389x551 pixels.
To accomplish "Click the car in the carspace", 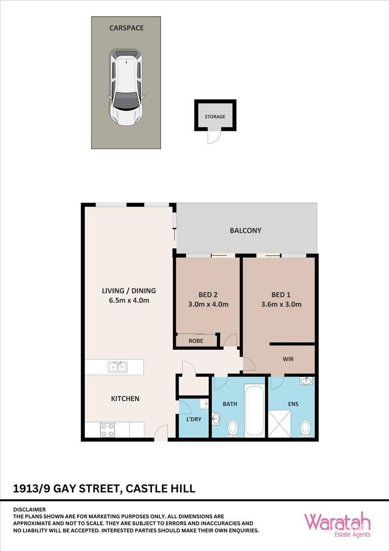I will coord(126,88).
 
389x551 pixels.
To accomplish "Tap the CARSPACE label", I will coord(126,28).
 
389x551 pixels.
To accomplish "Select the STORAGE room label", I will coord(215,117).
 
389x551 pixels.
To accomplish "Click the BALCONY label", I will coord(245,231).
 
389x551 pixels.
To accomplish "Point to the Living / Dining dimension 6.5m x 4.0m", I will coord(129,301).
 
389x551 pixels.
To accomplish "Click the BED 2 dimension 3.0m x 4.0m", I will coord(209,304).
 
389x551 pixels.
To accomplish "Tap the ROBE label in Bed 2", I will coord(196,341).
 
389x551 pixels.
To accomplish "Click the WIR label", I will coord(288,359).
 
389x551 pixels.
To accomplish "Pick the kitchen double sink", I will coord(117,367).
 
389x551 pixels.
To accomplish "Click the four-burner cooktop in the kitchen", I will coord(107,430).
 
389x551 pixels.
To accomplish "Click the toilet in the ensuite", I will coord(305,429).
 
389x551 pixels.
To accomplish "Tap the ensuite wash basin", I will coord(306,381).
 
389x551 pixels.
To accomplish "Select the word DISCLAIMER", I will coord(29,509).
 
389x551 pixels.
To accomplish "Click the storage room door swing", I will coord(213,136).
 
